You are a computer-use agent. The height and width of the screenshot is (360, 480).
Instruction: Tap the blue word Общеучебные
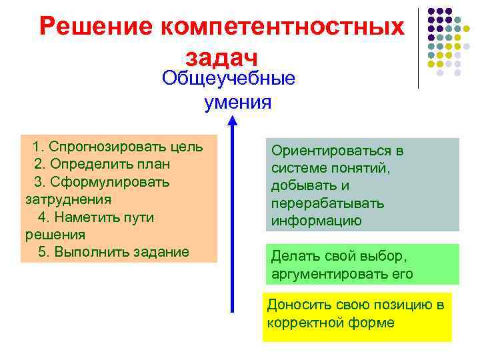(229, 79)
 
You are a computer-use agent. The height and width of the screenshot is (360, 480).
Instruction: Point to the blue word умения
(238, 102)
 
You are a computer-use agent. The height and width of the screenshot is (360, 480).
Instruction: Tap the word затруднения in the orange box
(68, 199)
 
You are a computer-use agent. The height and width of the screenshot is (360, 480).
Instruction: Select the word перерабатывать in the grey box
(327, 203)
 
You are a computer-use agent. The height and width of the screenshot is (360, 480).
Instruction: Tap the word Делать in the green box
(292, 256)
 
